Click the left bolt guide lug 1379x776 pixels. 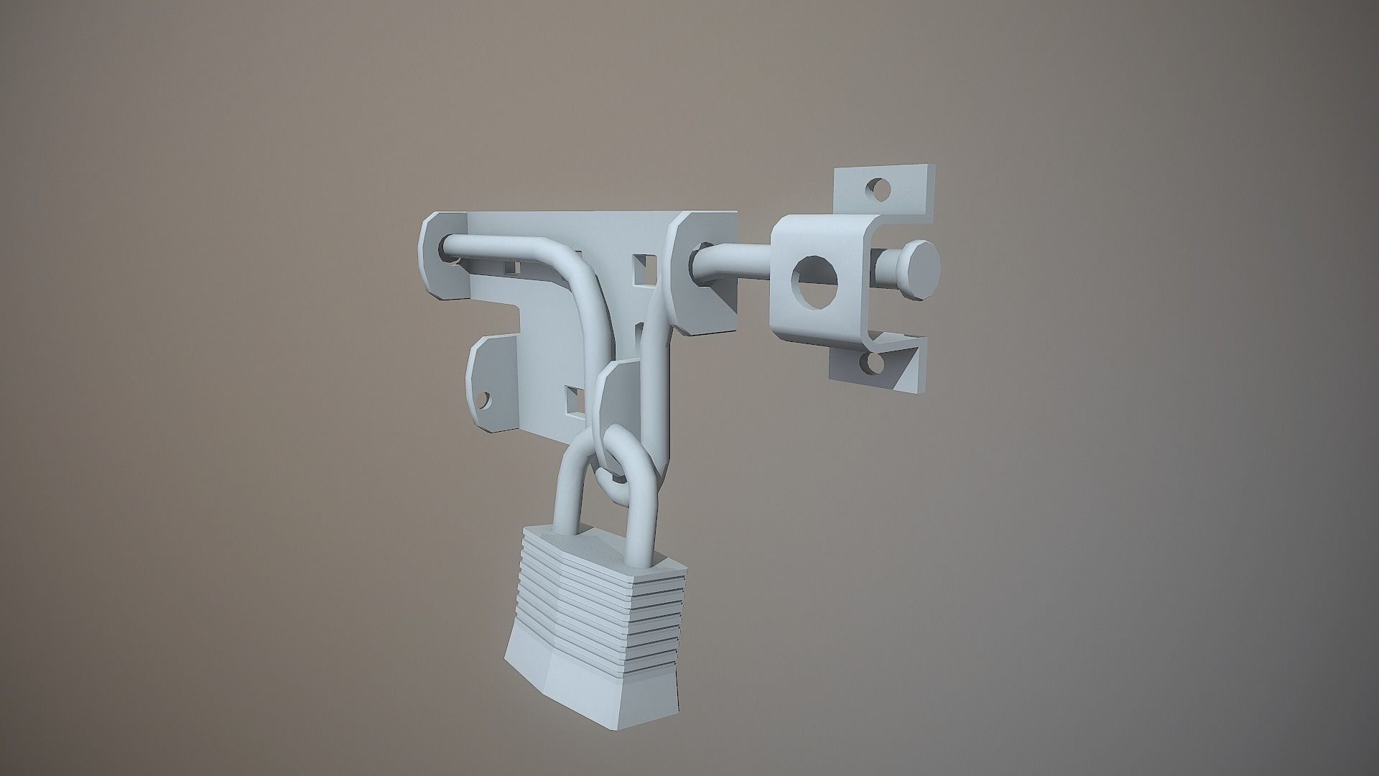[440, 256]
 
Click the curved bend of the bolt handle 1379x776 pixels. [567, 266]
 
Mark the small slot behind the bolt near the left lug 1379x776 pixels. [511, 267]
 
